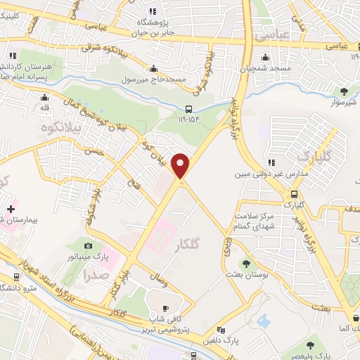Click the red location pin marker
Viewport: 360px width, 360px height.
coord(181,166)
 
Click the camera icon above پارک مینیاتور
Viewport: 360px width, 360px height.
coord(88,245)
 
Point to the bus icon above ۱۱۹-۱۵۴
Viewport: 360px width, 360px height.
coord(188,108)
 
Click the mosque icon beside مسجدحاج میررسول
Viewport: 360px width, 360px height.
coord(154,68)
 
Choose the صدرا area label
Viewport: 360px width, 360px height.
coord(94,275)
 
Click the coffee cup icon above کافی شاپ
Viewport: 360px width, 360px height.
coord(166,308)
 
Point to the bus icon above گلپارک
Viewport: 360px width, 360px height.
coord(295,194)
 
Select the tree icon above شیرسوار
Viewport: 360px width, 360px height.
coord(344,91)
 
